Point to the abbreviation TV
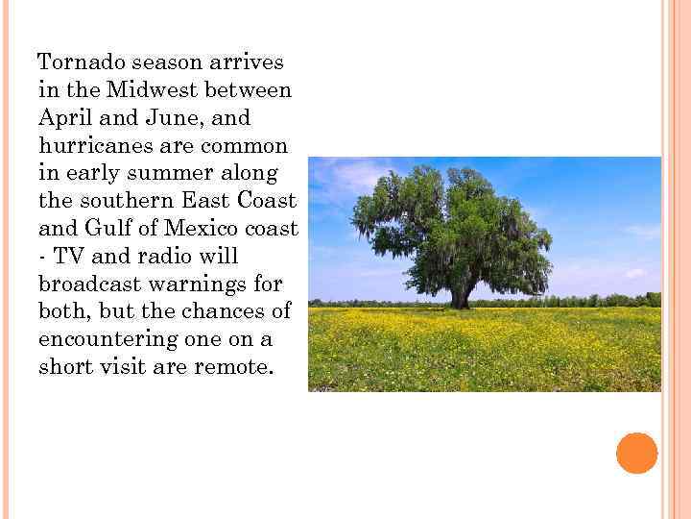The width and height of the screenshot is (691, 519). click(68, 258)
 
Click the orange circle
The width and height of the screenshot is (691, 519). click(637, 453)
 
